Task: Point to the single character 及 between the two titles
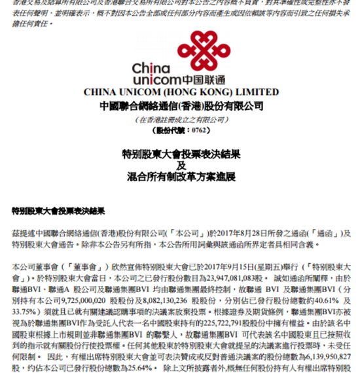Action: pos(180,166)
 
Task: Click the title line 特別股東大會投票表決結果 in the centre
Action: pos(180,154)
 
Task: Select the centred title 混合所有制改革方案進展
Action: pos(180,178)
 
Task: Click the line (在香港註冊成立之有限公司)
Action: pos(180,120)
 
